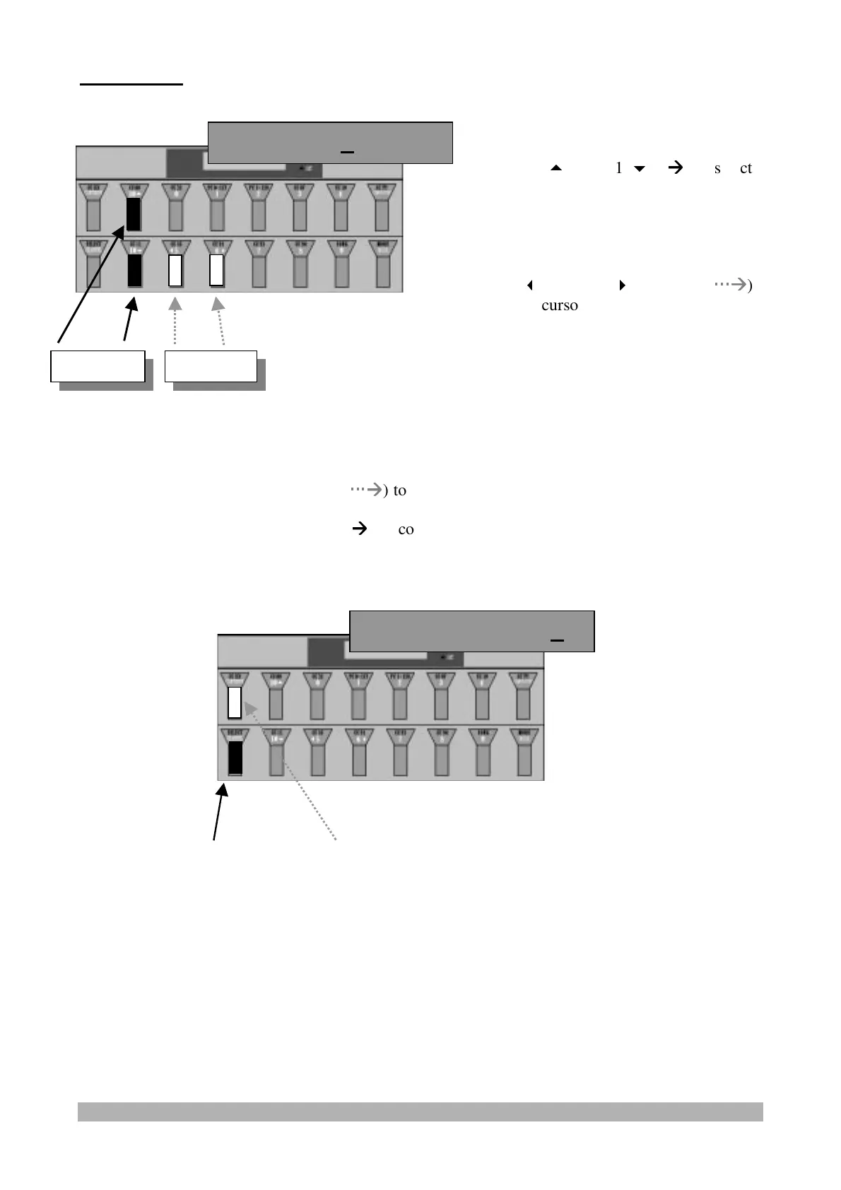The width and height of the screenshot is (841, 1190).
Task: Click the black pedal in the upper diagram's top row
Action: (x=133, y=214)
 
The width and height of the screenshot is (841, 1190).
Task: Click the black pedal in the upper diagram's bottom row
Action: (x=134, y=271)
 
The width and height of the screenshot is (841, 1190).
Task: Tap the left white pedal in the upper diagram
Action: (x=175, y=271)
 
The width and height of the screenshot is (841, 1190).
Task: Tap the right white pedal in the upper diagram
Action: (x=217, y=271)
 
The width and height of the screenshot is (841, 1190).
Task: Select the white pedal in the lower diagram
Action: (x=235, y=702)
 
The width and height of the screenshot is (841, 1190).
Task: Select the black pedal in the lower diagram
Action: (x=235, y=758)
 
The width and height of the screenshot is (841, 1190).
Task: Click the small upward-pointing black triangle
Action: (x=555, y=168)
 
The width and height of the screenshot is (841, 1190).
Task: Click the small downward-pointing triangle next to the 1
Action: (x=640, y=169)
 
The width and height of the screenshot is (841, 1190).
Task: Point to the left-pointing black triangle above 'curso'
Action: (x=529, y=285)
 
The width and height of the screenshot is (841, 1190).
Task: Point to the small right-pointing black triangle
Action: (x=622, y=285)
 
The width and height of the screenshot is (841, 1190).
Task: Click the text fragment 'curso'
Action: (x=560, y=305)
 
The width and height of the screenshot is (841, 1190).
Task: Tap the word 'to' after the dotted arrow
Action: (x=400, y=490)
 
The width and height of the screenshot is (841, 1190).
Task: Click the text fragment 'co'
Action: (x=406, y=529)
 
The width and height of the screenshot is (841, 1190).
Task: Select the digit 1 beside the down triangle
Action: (x=618, y=168)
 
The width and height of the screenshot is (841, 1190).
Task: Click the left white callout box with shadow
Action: (x=98, y=365)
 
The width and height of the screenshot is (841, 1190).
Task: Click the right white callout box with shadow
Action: (x=211, y=365)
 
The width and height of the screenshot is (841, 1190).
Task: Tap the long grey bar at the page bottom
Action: (x=420, y=1112)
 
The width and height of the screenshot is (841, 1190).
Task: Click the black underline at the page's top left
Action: (x=131, y=84)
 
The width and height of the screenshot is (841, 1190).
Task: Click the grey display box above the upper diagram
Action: (x=330, y=143)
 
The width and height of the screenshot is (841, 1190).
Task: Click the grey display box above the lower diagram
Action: (x=472, y=631)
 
